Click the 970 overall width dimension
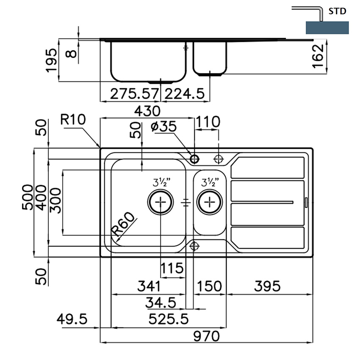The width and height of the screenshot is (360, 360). (207, 336)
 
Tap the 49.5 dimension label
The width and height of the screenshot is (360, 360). (72, 319)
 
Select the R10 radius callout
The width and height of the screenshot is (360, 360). (72, 120)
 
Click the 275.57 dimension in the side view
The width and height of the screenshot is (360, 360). (134, 94)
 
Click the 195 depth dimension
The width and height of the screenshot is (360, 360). (51, 60)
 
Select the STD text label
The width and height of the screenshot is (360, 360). (338, 11)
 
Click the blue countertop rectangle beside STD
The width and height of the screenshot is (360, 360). (327, 27)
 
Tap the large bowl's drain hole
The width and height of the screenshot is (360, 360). (161, 202)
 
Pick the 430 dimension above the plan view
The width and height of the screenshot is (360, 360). (147, 111)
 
